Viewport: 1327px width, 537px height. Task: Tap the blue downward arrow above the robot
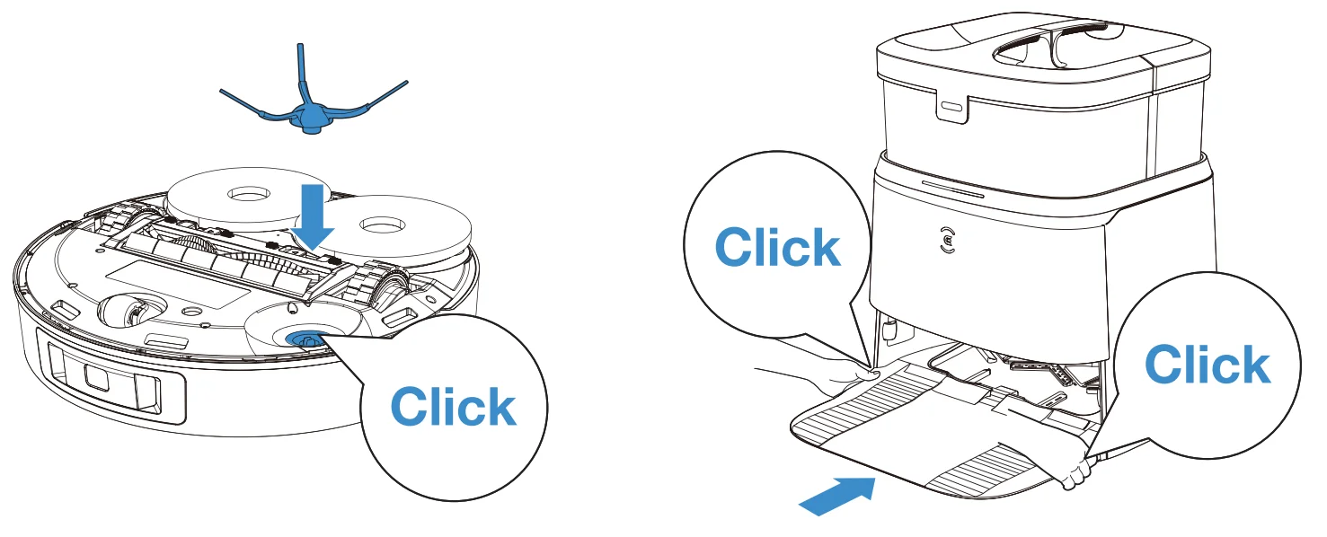313,216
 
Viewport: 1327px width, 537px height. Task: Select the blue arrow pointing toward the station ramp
837,497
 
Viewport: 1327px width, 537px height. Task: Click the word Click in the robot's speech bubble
453,407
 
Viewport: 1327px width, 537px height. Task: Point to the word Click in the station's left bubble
777,247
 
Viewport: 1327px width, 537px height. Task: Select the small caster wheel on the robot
123,311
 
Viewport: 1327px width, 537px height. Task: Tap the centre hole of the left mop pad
249,194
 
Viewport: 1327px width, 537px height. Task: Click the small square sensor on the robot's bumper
96,376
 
